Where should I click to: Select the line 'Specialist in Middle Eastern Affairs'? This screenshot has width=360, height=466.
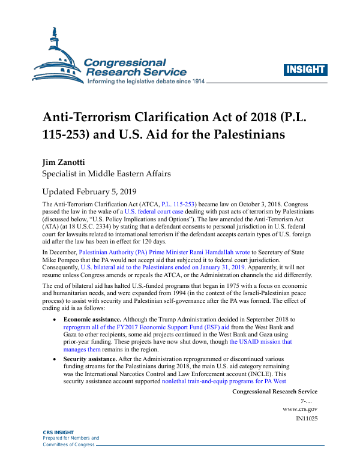(x=106, y=174)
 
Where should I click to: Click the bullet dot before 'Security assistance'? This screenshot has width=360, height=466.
(x=56, y=358)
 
